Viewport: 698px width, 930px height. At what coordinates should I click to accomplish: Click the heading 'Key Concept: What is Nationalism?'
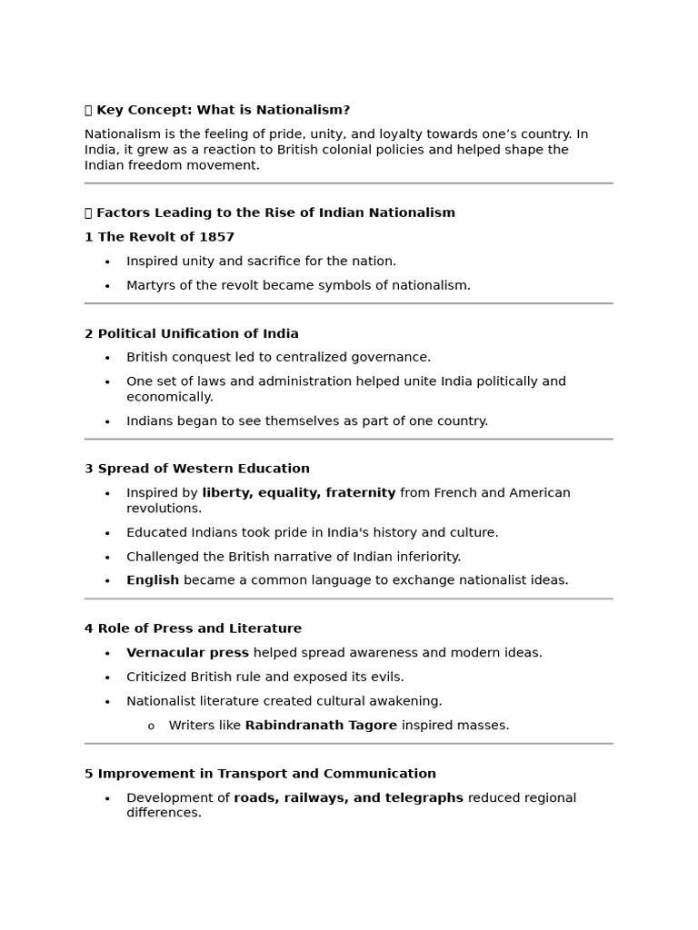[x=223, y=110]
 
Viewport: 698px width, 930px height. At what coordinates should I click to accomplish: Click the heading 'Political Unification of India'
[x=198, y=333]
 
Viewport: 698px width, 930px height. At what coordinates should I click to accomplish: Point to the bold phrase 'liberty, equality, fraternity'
[x=298, y=493]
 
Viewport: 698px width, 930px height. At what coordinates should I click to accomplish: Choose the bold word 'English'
[x=153, y=580]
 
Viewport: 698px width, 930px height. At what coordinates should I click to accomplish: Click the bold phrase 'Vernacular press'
[x=187, y=653]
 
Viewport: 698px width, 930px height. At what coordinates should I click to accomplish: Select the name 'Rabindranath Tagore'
[x=321, y=726]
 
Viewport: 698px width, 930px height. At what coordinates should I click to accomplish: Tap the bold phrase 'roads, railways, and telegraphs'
[x=348, y=798]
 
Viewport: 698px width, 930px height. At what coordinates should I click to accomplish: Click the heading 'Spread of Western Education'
[x=204, y=469]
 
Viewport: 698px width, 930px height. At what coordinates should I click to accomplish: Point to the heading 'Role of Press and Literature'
[x=199, y=628]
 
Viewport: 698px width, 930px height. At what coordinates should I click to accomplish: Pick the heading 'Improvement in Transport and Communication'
[x=266, y=774]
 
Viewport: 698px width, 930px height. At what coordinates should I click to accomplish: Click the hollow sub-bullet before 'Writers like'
[x=151, y=727]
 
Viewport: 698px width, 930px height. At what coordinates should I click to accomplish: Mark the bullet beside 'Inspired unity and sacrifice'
[x=107, y=262]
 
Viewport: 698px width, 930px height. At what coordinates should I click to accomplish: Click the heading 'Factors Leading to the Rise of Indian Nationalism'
[x=275, y=213]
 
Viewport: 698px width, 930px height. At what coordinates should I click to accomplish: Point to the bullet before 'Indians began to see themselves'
[x=107, y=421]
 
